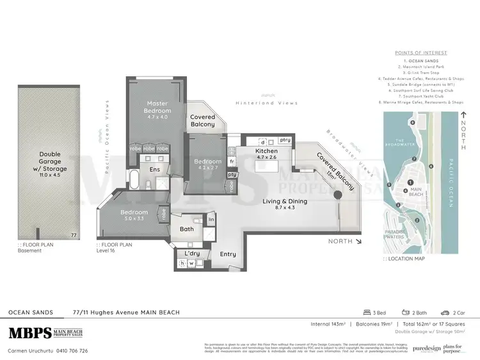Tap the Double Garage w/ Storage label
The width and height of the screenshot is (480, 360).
coord(49,160)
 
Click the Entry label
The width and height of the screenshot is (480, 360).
coord(228,254)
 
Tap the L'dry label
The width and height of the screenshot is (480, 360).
coord(191,254)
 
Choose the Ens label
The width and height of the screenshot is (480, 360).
coord(155,169)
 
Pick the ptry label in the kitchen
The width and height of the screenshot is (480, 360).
coord(285,139)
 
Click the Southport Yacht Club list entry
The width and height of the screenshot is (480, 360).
coord(423,95)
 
